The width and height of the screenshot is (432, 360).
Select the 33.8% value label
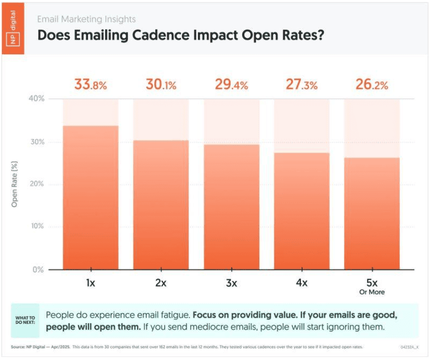pos(90,84)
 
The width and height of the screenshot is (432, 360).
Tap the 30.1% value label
pos(161,84)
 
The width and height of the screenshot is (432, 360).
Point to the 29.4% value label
pos(231,84)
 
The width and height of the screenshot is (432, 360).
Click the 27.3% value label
pos(301,84)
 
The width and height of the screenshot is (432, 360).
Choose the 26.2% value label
pos(372,84)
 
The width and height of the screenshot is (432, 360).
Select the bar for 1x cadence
pos(90,201)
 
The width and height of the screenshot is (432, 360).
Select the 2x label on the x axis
pos(161,283)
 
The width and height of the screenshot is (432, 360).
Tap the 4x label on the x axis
pos(301,283)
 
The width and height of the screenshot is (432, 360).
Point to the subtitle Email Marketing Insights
pos(86,20)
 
